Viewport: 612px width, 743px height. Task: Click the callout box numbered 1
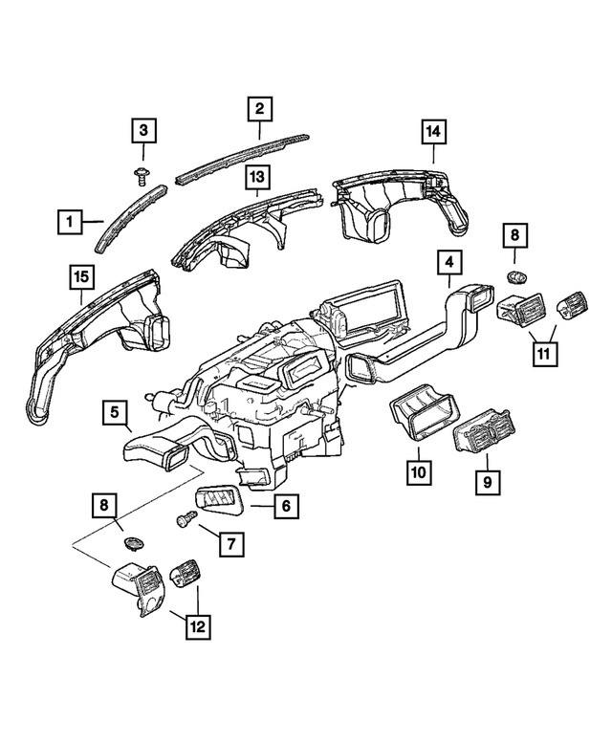pyautogui.click(x=70, y=221)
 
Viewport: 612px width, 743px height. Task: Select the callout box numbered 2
pyautogui.click(x=259, y=108)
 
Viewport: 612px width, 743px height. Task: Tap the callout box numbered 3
pyautogui.click(x=143, y=130)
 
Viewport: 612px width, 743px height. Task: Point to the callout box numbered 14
pyautogui.click(x=434, y=132)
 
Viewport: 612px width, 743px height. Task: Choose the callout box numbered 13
pyautogui.click(x=256, y=177)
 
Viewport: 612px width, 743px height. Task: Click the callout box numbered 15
pyautogui.click(x=82, y=276)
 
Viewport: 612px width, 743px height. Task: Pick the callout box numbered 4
pyautogui.click(x=449, y=262)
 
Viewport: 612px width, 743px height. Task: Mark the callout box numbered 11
pyautogui.click(x=545, y=354)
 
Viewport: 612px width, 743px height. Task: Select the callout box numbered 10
pyautogui.click(x=419, y=472)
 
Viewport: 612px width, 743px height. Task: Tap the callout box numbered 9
pyautogui.click(x=488, y=482)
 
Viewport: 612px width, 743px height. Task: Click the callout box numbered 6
pyautogui.click(x=286, y=506)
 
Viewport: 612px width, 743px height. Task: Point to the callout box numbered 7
pyautogui.click(x=231, y=544)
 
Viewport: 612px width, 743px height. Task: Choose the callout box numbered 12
pyautogui.click(x=198, y=627)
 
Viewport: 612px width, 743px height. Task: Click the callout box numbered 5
pyautogui.click(x=115, y=412)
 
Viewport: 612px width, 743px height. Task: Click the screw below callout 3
pyautogui.click(x=142, y=176)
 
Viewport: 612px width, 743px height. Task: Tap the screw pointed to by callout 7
pyautogui.click(x=186, y=518)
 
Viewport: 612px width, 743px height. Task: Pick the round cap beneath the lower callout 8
pyautogui.click(x=134, y=543)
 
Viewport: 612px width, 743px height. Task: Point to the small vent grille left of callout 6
pyautogui.click(x=217, y=499)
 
